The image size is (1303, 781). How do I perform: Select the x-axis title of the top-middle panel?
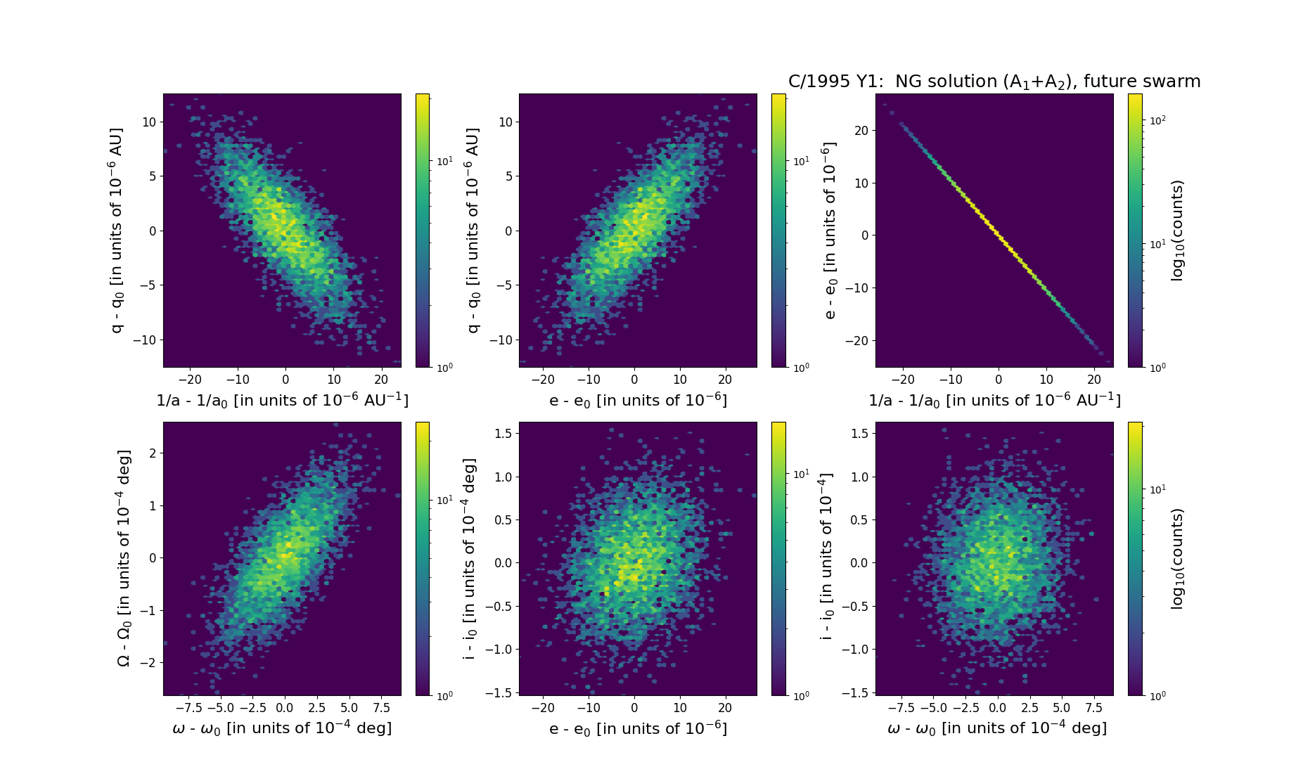(638, 400)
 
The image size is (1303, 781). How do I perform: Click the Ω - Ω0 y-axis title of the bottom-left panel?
(123, 558)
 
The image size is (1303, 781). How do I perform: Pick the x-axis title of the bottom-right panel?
(997, 728)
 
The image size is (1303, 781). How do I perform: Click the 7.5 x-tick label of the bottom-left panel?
(380, 708)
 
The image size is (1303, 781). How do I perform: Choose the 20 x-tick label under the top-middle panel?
(725, 380)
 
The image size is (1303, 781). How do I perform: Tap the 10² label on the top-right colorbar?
(1157, 120)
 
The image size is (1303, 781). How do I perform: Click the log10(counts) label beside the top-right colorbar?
(1177, 230)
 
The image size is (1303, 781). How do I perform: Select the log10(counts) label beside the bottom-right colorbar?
(1177, 558)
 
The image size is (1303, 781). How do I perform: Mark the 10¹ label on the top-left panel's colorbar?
(444, 161)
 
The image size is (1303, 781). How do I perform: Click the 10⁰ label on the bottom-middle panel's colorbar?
(800, 695)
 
